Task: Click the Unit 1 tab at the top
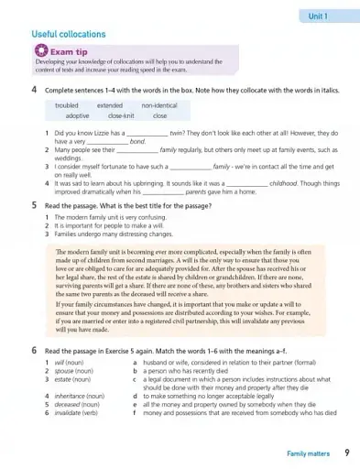(x=319, y=16)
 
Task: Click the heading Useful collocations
(x=68, y=34)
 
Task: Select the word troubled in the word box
(x=65, y=106)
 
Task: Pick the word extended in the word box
(x=109, y=106)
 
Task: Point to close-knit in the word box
(x=121, y=116)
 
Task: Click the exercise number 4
(x=34, y=91)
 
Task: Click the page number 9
(x=346, y=453)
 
